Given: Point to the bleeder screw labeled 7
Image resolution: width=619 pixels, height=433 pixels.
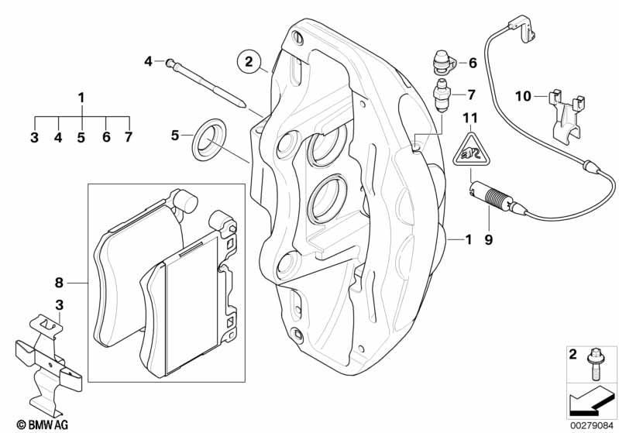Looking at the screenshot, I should pyautogui.click(x=442, y=96).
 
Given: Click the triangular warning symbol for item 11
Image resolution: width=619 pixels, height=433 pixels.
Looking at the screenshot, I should pyautogui.click(x=467, y=149).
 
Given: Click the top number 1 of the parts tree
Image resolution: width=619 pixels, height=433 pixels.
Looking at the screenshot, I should pyautogui.click(x=81, y=98).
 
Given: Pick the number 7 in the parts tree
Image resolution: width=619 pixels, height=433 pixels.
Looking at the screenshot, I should pyautogui.click(x=128, y=137).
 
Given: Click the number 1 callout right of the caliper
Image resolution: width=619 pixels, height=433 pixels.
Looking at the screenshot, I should pyautogui.click(x=468, y=241).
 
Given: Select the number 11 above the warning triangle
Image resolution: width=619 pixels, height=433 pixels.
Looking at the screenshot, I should pyautogui.click(x=467, y=118).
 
